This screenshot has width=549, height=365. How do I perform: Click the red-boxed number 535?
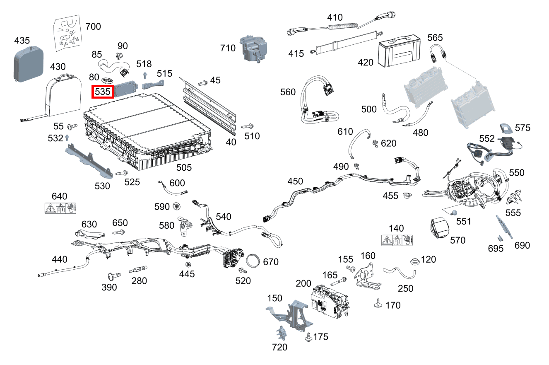pos(102,91)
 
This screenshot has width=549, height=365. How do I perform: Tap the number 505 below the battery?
pos(184,167)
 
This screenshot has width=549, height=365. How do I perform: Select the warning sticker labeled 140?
pos(399,240)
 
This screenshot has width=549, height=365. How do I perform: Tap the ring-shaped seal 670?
pos(254,261)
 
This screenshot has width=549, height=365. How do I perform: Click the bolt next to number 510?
pos(247,126)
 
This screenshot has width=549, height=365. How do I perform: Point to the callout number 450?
pos(295,181)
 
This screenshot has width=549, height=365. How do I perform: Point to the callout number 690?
pos(522,245)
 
